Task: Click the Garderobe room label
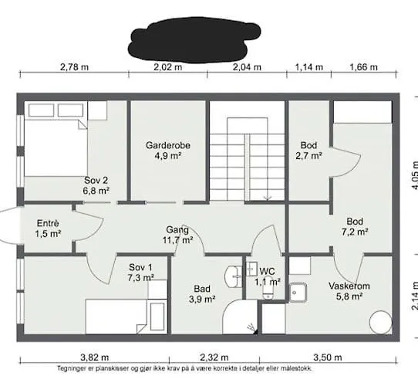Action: (x=168, y=145)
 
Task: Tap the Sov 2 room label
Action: (x=96, y=181)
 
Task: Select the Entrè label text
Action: (x=48, y=223)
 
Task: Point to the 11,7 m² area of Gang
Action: (x=178, y=240)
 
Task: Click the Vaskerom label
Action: (x=349, y=286)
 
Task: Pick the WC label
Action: (x=267, y=272)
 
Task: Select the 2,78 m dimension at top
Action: (x=74, y=67)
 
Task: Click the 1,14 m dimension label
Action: (x=309, y=67)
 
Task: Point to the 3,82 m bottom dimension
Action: (x=95, y=357)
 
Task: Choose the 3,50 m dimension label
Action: (x=328, y=357)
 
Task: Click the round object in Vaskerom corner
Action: (x=381, y=322)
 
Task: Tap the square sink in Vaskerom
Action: (x=298, y=293)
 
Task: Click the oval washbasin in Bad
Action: (x=233, y=276)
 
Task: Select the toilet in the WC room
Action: (x=268, y=288)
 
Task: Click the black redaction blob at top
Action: (x=194, y=39)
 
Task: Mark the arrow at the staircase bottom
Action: (x=268, y=198)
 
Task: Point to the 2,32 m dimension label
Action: (x=214, y=357)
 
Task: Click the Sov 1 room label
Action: (x=140, y=267)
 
